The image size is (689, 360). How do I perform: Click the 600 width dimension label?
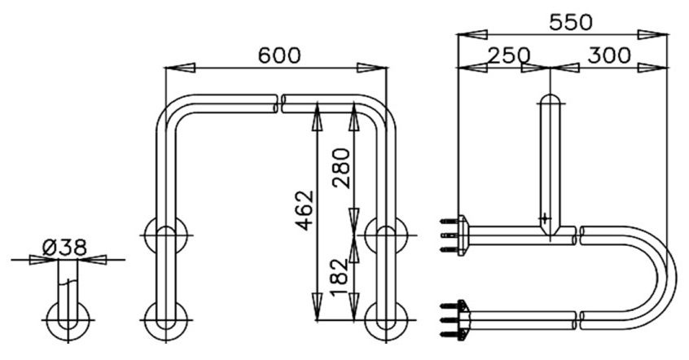pos(279,55)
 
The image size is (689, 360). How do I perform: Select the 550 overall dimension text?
pos(570,22)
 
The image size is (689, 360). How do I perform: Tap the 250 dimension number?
pos(509,56)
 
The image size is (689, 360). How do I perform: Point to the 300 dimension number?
pos(609,56)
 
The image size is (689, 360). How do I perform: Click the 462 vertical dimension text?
pos(304,211)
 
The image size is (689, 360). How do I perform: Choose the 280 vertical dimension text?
pos(340,168)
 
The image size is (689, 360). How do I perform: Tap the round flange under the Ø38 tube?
pos(68,320)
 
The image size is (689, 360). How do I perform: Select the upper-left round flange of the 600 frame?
pos(166,237)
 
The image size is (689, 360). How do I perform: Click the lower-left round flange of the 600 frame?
pos(166,320)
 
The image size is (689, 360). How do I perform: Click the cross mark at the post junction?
pos(545,218)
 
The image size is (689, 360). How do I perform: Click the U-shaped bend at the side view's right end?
pos(664,273)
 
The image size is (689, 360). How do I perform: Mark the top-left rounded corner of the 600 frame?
pos(173,111)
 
